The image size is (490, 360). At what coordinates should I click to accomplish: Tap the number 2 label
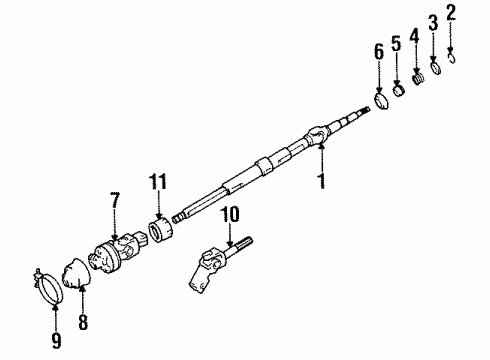[x=451, y=13]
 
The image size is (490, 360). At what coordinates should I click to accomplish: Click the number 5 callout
[x=396, y=44]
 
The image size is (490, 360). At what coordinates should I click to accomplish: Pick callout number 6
[x=379, y=51]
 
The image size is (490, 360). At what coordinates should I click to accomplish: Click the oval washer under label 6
[x=381, y=102]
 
